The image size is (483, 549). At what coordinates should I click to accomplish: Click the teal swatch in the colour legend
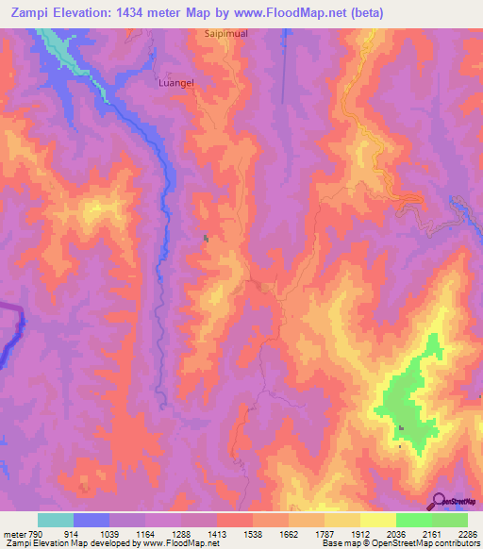tap(56, 520)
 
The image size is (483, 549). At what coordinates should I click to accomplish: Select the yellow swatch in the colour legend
tap(377, 520)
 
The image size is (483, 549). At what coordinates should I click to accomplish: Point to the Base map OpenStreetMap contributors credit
tap(400, 543)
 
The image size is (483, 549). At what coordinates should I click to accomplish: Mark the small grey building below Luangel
tap(205, 238)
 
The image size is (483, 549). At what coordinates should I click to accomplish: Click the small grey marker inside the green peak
tap(402, 429)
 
